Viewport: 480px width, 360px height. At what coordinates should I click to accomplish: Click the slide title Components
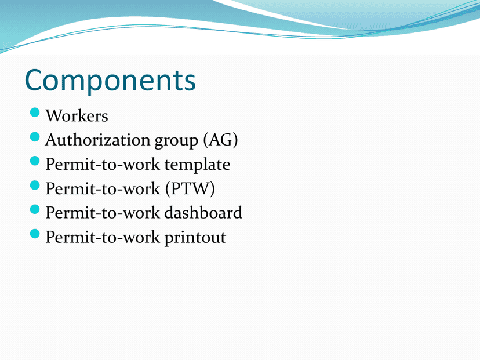pyautogui.click(x=110, y=80)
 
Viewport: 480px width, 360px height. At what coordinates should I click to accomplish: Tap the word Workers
pyautogui.click(x=77, y=116)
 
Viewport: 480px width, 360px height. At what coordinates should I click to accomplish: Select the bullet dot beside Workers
pyautogui.click(x=35, y=112)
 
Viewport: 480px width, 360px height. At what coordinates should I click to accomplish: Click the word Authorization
pyautogui.click(x=97, y=140)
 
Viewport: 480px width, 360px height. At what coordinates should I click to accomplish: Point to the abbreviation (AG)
pyautogui.click(x=220, y=140)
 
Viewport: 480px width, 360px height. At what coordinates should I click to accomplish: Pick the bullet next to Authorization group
pyautogui.click(x=35, y=137)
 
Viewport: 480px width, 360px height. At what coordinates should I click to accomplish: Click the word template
pyautogui.click(x=198, y=165)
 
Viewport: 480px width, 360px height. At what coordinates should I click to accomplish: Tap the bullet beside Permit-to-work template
pyautogui.click(x=35, y=161)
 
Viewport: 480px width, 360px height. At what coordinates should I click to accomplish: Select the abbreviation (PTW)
pyautogui.click(x=190, y=188)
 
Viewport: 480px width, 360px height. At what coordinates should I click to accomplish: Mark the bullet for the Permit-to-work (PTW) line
pyautogui.click(x=35, y=185)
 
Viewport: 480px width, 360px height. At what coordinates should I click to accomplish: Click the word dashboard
pyautogui.click(x=203, y=212)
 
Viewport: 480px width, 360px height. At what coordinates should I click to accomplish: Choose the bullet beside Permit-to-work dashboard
pyautogui.click(x=35, y=209)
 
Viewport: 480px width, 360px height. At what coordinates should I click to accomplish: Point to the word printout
pyautogui.click(x=195, y=238)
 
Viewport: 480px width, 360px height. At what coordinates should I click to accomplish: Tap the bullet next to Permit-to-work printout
pyautogui.click(x=35, y=234)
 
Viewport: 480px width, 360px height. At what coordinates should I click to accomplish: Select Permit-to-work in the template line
pyautogui.click(x=103, y=165)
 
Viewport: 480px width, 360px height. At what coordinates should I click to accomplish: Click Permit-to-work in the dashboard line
pyautogui.click(x=103, y=213)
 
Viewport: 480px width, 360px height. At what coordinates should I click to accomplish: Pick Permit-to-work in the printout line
pyautogui.click(x=103, y=237)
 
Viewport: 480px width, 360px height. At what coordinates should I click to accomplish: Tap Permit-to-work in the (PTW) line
pyautogui.click(x=103, y=188)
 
